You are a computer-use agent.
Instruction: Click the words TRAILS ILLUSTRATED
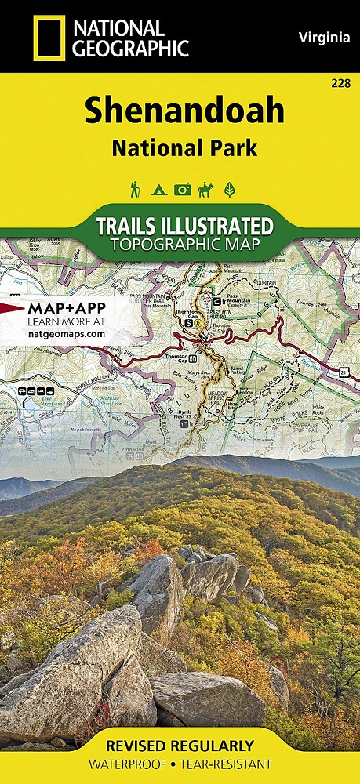click(x=184, y=227)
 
